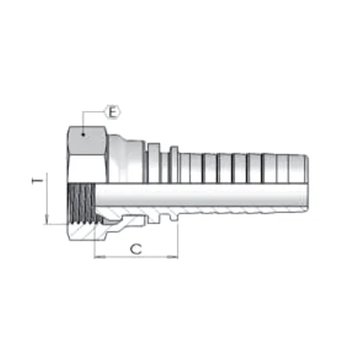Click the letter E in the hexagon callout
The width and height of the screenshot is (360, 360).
click(113, 112)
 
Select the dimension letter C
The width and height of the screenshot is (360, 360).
click(136, 248)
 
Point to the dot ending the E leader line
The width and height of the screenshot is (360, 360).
click(83, 136)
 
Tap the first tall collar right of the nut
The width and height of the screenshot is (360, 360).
click(153, 162)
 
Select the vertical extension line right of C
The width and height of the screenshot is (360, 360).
click(178, 240)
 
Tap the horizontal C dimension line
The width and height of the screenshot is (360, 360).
click(136, 257)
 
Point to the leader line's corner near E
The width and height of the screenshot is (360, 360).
click(83, 112)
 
